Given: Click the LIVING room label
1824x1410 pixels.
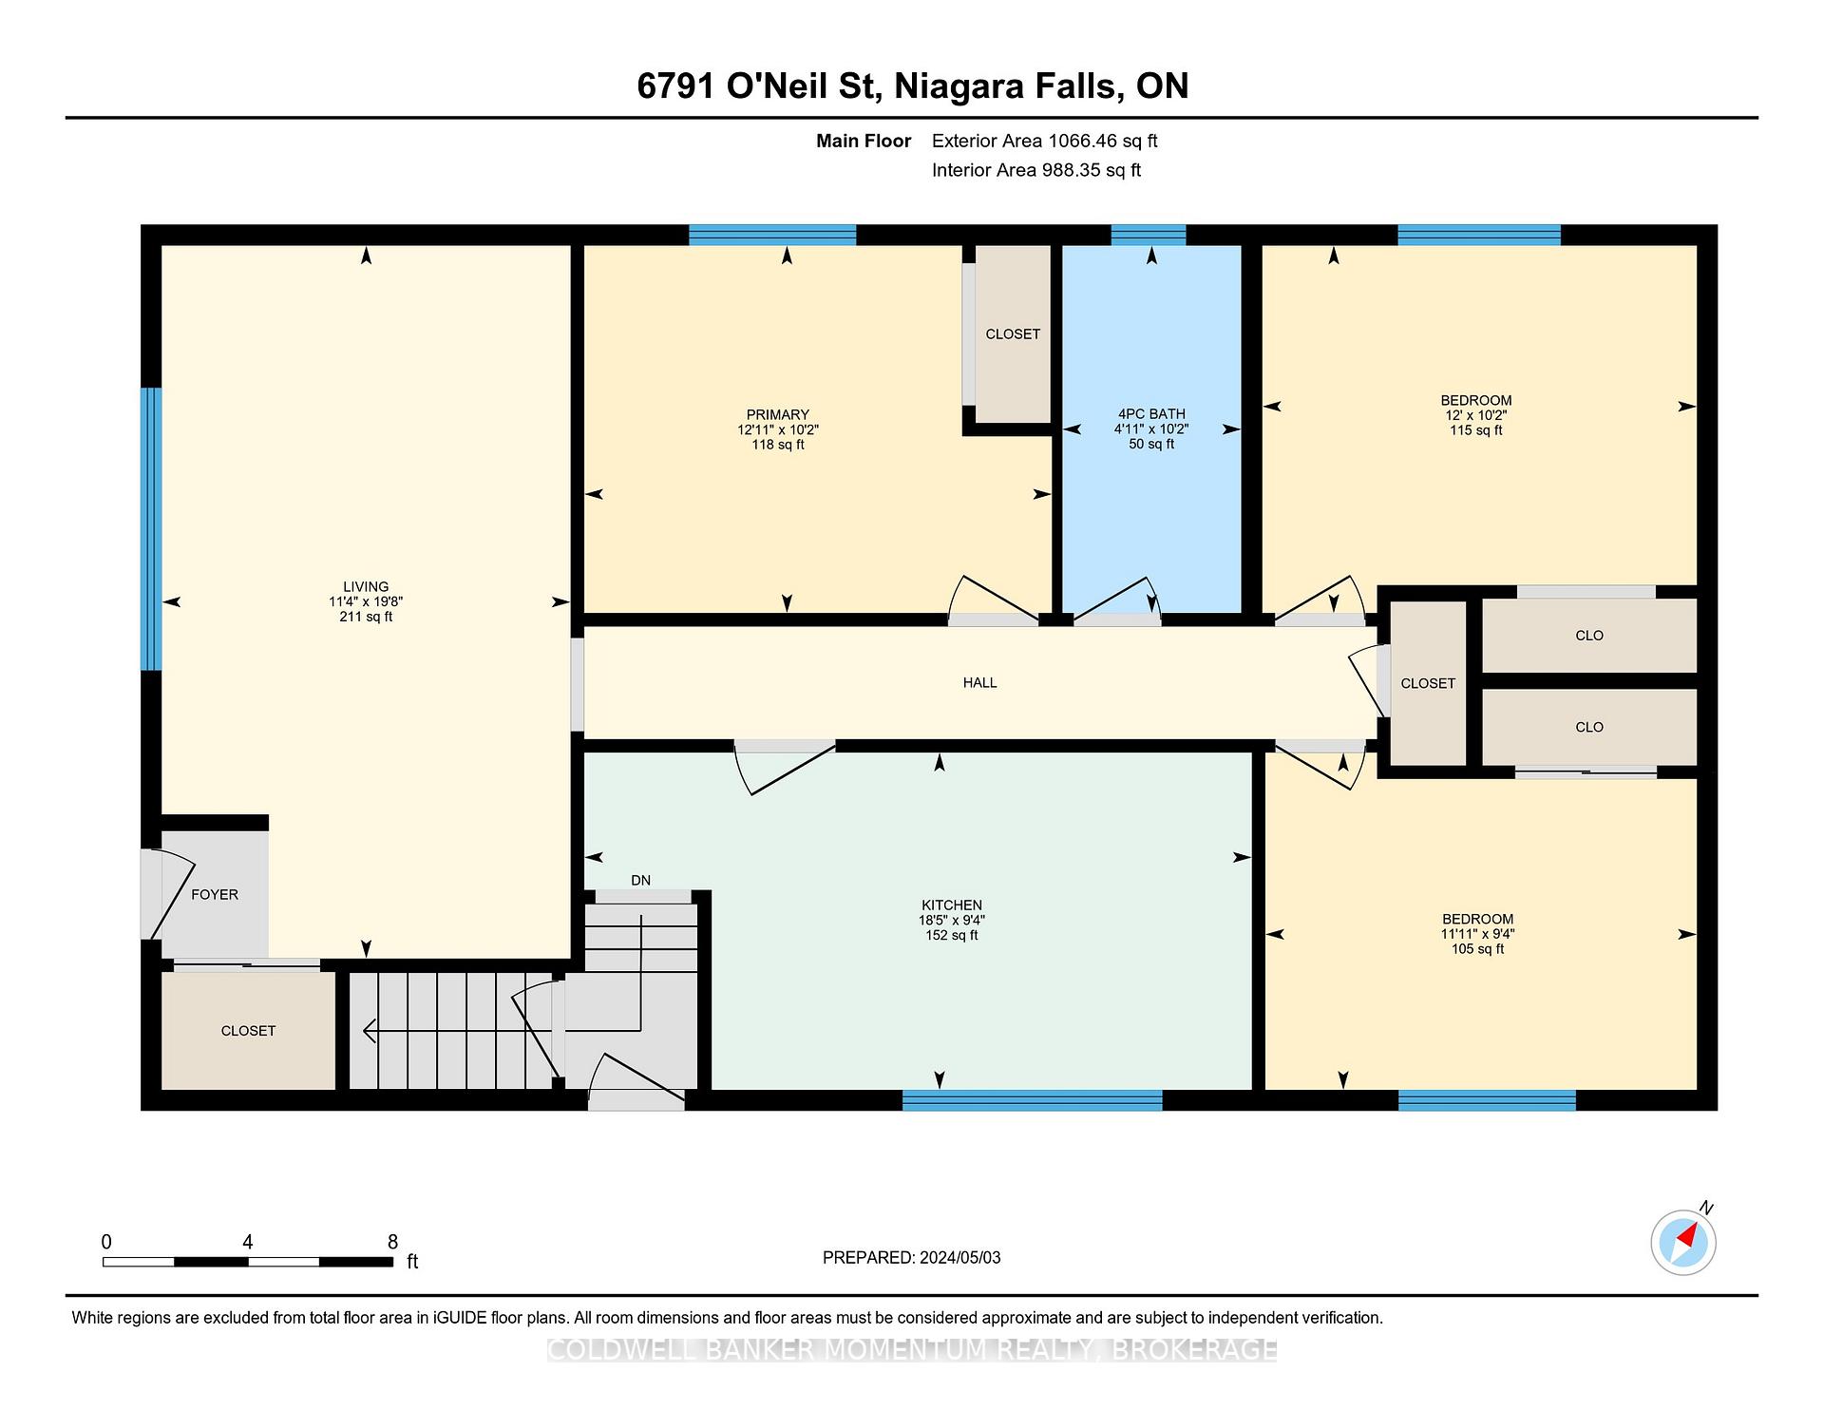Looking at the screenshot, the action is [x=366, y=586].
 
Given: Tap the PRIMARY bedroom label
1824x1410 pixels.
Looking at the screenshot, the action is [x=778, y=414].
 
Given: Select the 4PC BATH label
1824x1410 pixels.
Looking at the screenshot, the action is [x=1151, y=414].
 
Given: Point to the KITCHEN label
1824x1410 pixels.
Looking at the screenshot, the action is [x=952, y=905].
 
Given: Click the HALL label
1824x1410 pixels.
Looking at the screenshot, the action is [x=980, y=682].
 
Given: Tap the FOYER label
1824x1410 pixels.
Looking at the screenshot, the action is [x=215, y=894].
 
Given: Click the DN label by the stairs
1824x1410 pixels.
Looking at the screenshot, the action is [x=641, y=880].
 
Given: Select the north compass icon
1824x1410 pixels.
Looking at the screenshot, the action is [x=1683, y=1241].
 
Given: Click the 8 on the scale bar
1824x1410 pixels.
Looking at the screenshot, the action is [x=392, y=1242].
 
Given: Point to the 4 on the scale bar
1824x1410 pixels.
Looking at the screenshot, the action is [x=248, y=1242].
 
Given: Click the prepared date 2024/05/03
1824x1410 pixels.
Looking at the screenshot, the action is [x=960, y=1257].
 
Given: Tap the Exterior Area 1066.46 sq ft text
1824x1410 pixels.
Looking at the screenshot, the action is [x=1045, y=141].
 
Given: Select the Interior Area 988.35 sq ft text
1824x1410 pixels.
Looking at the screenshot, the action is [x=1036, y=170].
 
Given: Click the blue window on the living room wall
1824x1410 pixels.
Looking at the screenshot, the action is [x=151, y=528].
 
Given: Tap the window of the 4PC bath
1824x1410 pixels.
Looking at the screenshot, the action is [x=1149, y=235].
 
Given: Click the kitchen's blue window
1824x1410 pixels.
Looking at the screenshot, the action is [x=1032, y=1100].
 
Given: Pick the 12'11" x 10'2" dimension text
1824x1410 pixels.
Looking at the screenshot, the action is [x=778, y=429].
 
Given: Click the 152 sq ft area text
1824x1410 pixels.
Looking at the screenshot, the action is [x=952, y=935].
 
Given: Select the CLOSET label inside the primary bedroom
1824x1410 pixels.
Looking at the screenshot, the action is [x=1013, y=333].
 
